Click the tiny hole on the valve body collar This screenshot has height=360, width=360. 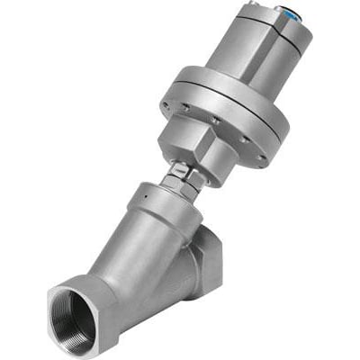click(x=142, y=192)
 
